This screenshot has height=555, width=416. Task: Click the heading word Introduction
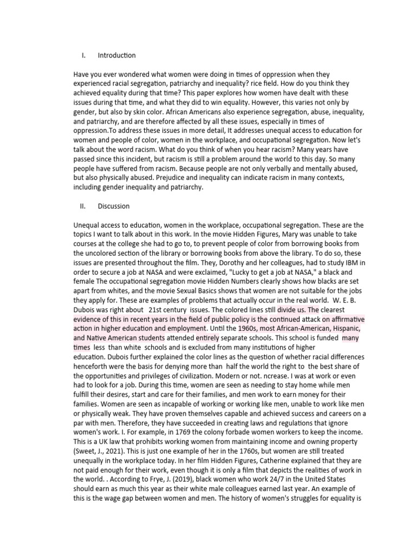116,55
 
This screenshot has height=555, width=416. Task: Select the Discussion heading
113,206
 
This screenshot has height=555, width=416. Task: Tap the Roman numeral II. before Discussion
83,206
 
